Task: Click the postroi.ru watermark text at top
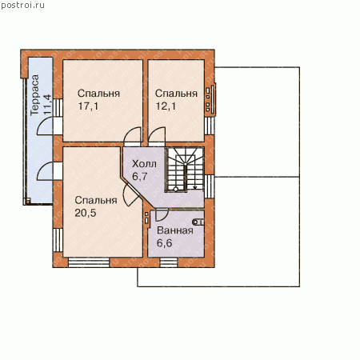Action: click(x=22, y=5)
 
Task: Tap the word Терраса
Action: click(x=34, y=95)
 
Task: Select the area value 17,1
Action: click(x=88, y=106)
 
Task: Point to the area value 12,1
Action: click(x=166, y=106)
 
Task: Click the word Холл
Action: click(x=144, y=163)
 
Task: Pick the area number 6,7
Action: click(x=140, y=176)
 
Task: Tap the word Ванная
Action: click(x=175, y=230)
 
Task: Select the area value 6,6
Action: click(x=164, y=243)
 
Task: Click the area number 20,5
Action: click(x=86, y=213)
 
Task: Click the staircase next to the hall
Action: click(x=185, y=170)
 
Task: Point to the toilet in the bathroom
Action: click(x=198, y=222)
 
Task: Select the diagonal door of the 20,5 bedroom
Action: click(x=131, y=194)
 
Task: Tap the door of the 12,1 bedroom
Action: click(x=157, y=137)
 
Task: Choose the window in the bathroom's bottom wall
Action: click(x=169, y=262)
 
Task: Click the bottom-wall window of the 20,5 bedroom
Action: click(x=89, y=262)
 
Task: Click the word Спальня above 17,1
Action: click(x=98, y=94)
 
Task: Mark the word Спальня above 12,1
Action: click(x=176, y=94)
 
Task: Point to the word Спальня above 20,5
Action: click(x=96, y=200)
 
